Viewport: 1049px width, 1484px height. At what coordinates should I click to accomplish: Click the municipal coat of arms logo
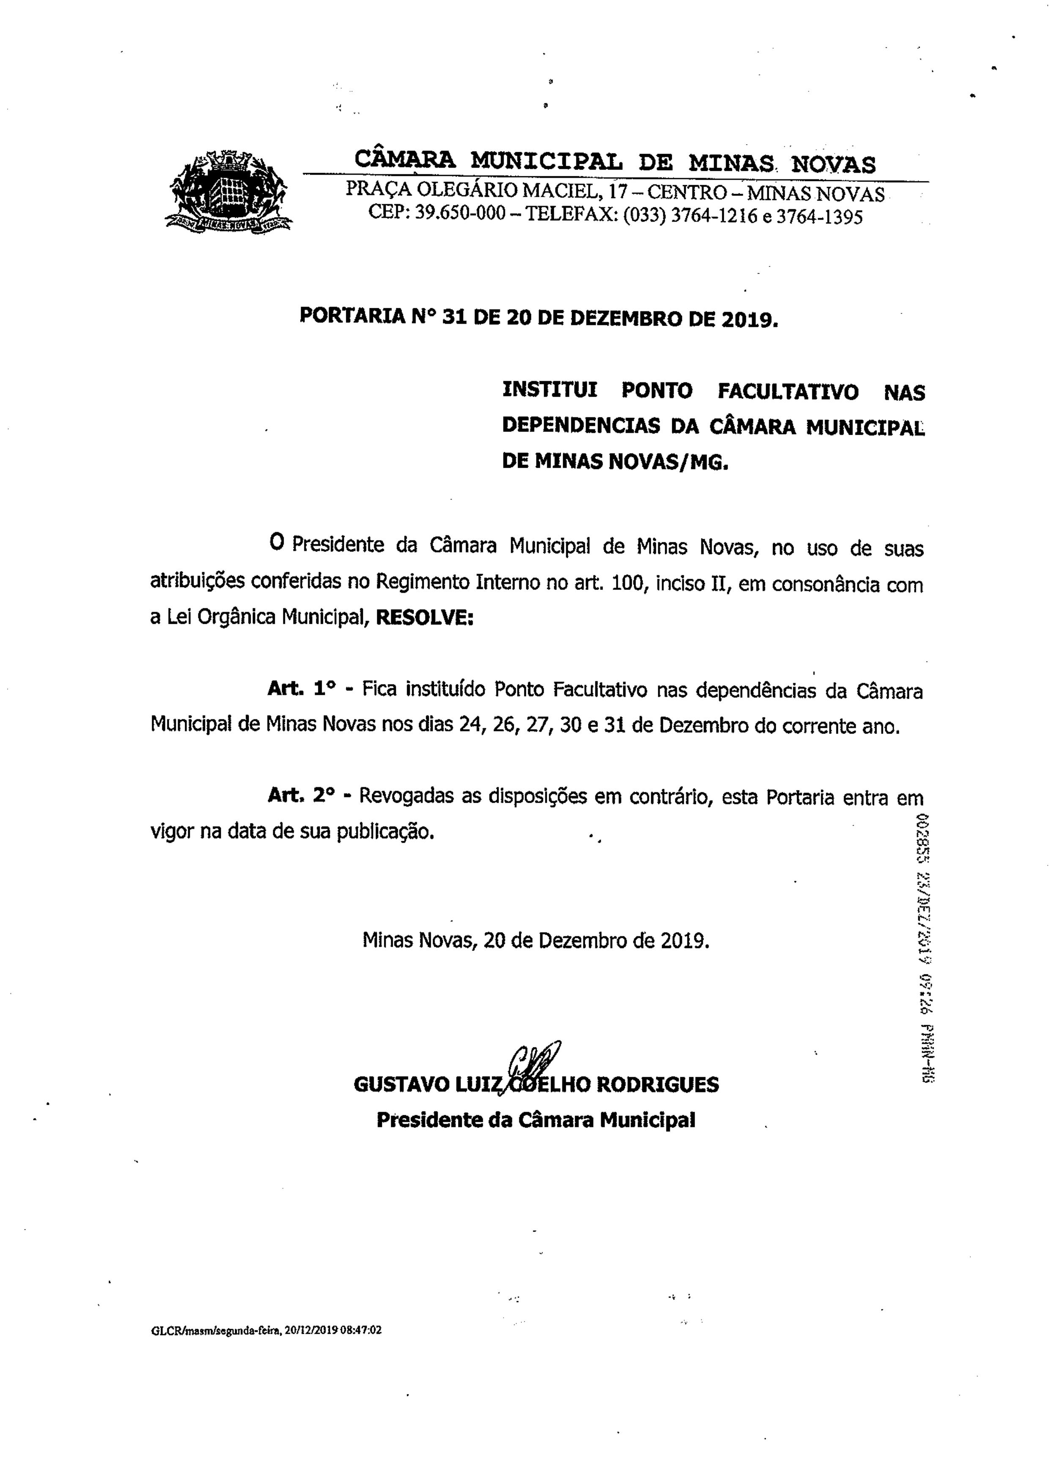227,191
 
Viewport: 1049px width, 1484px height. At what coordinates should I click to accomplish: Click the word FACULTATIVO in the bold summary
788,391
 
